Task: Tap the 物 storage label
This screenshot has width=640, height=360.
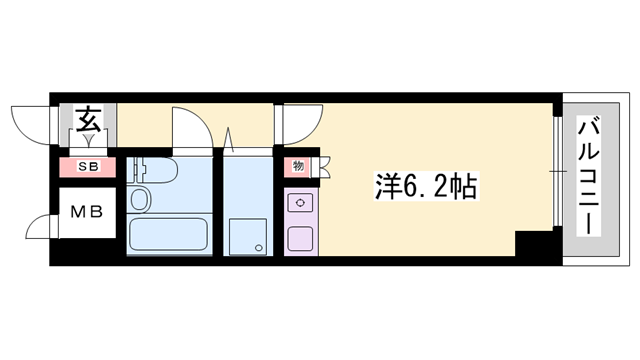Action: pyautogui.click(x=298, y=167)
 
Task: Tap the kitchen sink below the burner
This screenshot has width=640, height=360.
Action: pyautogui.click(x=298, y=238)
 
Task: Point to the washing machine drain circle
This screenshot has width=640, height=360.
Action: pyautogui.click(x=257, y=247)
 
